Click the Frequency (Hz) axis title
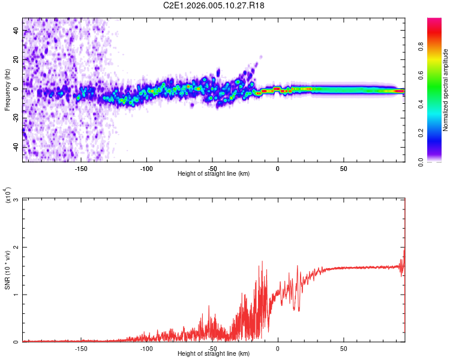pyautogui.click(x=7, y=89)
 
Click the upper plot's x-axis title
pyautogui.click(x=214, y=173)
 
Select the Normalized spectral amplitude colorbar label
pyautogui.click(x=446, y=90)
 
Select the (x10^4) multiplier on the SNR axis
pyautogui.click(x=8, y=196)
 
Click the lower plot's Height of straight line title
pyautogui.click(x=214, y=354)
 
